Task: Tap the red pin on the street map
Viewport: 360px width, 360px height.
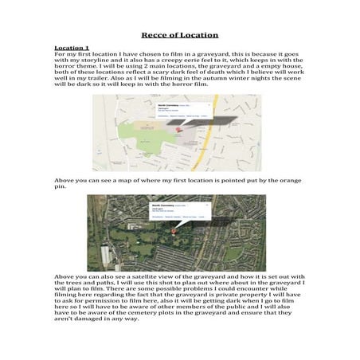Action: coord(179,128)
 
